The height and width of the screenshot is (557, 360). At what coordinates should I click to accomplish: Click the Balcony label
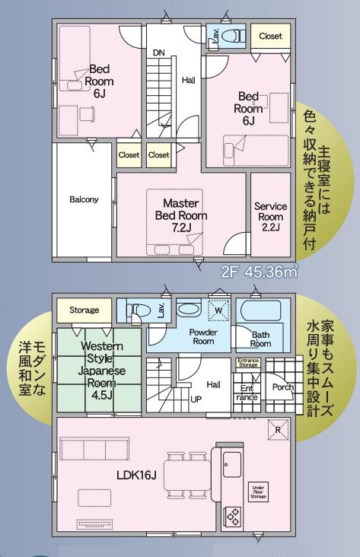click(84, 199)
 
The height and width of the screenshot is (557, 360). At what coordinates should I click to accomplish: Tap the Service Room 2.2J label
click(270, 217)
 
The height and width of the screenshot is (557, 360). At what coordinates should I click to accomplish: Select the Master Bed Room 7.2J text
click(181, 215)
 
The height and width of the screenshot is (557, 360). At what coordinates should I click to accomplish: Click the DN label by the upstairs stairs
click(159, 53)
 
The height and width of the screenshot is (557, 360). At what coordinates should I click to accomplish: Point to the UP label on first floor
click(196, 399)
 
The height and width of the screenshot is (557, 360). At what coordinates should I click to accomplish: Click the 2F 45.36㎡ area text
click(260, 272)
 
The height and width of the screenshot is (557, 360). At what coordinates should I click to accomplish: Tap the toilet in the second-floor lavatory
click(231, 36)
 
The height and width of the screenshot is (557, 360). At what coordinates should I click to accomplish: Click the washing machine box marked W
click(218, 310)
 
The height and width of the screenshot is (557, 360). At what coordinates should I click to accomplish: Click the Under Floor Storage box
click(258, 492)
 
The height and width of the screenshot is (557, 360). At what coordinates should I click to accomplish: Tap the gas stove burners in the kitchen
click(232, 517)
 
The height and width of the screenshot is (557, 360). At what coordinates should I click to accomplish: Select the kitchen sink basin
click(231, 465)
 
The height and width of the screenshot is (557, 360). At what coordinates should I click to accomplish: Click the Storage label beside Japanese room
click(84, 310)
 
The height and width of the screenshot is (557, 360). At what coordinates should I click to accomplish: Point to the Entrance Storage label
click(247, 363)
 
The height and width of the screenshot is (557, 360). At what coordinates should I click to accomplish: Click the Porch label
click(283, 387)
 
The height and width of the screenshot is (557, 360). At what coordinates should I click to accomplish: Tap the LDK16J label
click(136, 475)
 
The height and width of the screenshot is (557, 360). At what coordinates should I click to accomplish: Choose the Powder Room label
click(203, 337)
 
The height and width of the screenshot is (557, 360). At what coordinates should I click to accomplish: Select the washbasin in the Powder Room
click(189, 309)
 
